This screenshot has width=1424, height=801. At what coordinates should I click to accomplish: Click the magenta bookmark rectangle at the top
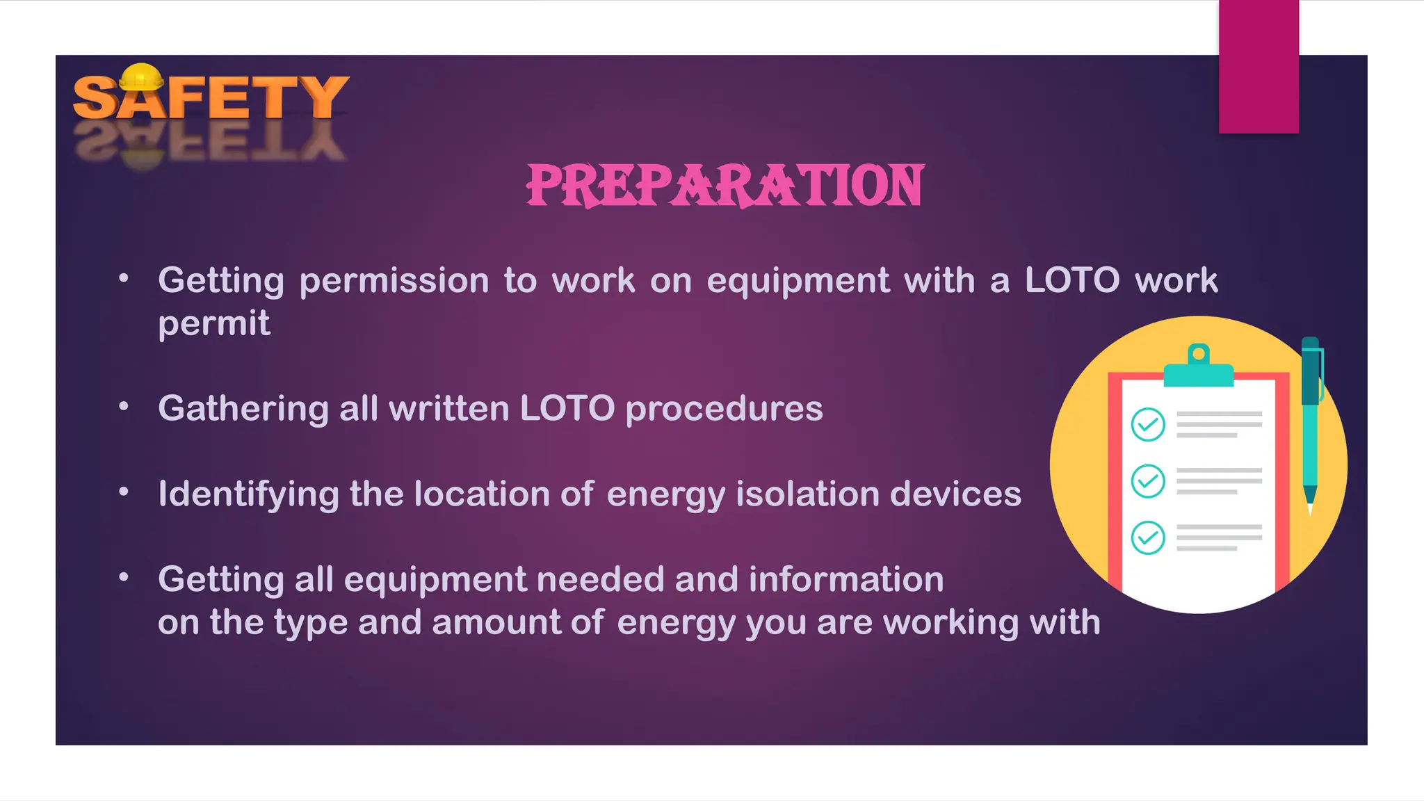pos(1259,67)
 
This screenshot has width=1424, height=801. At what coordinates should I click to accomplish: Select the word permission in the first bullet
pos(394,281)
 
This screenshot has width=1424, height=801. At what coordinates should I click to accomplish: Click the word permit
pos(213,323)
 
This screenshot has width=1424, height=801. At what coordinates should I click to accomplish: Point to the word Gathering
pos(243,408)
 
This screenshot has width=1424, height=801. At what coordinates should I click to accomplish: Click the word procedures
pos(724,408)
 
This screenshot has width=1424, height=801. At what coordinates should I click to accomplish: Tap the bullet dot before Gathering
pos(124,406)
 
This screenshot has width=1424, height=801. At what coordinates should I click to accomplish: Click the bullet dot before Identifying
pos(124,492)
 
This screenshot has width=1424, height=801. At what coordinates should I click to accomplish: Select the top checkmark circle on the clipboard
pos(1147,424)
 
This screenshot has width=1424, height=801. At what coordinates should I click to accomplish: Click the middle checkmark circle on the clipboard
pos(1147,480)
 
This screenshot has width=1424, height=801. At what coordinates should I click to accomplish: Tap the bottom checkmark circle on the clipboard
pos(1147,537)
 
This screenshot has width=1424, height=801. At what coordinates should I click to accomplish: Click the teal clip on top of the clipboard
pos(1198,368)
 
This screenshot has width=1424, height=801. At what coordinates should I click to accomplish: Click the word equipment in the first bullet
pos(798,281)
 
